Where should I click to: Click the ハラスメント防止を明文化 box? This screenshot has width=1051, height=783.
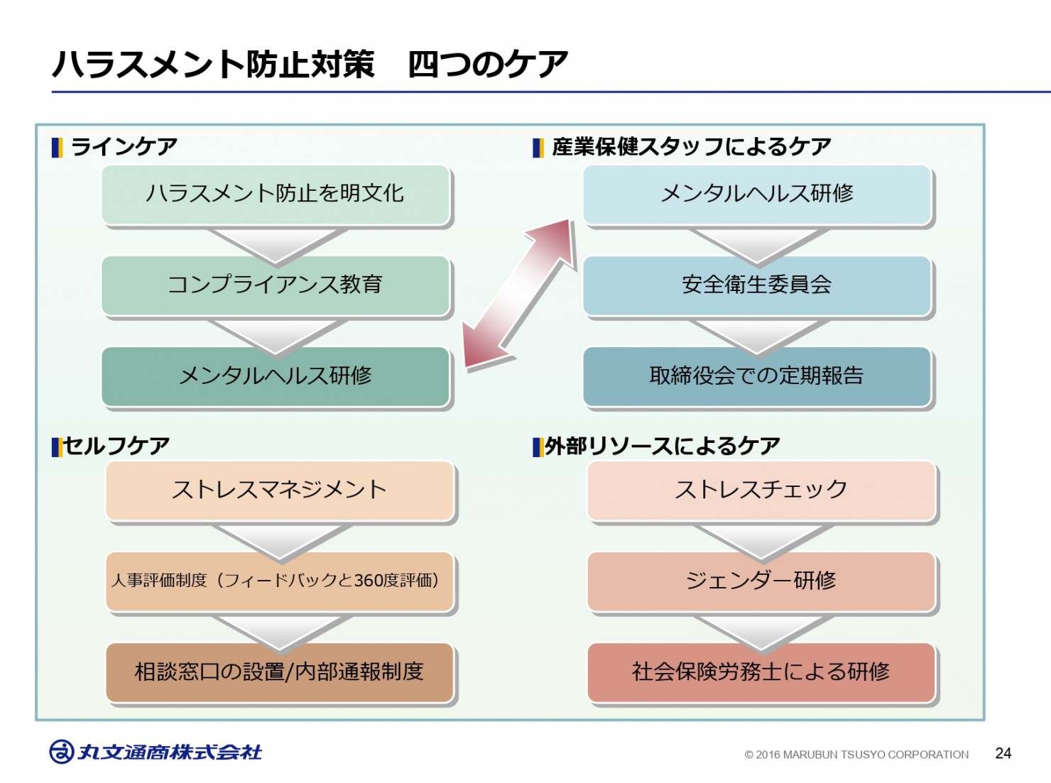(276, 195)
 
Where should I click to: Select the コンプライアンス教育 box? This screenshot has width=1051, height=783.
(276, 285)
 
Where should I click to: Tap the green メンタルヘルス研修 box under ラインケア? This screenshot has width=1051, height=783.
(276, 376)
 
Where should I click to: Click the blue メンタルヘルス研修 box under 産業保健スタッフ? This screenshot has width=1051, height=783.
(757, 195)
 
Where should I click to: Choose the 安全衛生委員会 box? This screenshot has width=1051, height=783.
(757, 285)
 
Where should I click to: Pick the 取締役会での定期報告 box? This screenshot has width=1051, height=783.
(757, 376)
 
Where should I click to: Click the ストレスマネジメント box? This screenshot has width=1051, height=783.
(280, 491)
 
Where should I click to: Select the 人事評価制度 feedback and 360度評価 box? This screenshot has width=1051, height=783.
(280, 581)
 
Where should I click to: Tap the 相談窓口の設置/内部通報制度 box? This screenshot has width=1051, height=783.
(280, 672)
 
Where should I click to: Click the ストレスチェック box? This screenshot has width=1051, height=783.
(761, 491)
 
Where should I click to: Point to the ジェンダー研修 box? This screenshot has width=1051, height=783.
(761, 581)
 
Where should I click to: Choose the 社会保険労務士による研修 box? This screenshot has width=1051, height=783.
(761, 672)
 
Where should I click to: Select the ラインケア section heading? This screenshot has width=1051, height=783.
(124, 146)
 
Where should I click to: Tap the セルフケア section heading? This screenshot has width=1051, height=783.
(116, 446)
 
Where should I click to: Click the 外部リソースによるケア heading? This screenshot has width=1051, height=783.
(663, 446)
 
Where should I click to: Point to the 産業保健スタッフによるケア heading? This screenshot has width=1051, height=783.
(692, 146)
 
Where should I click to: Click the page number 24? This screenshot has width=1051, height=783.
(1003, 753)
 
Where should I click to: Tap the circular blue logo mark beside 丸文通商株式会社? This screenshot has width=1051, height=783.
(62, 752)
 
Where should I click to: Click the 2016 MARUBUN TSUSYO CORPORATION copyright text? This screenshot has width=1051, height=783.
(856, 755)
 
